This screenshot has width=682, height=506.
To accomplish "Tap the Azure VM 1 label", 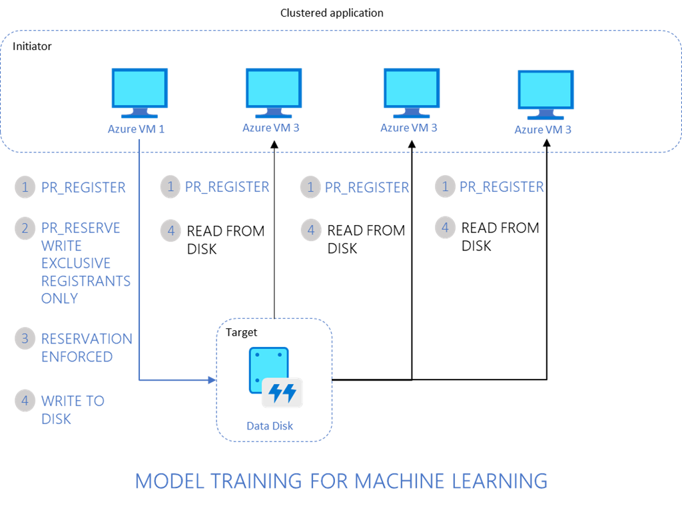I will coord(136,129).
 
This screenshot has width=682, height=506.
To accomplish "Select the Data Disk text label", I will coord(270,426).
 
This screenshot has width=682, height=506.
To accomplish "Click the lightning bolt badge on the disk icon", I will coord(282,393).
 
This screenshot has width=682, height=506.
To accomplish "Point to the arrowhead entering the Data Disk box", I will coord(213,380).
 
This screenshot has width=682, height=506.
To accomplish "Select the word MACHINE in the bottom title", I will coord(400,481).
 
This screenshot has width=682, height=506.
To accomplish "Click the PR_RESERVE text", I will coord(81,228).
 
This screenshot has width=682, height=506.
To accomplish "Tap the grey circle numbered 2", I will coord(25,228).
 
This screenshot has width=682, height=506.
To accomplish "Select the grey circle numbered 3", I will coord(25,338).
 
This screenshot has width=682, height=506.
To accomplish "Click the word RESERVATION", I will coord(87,339).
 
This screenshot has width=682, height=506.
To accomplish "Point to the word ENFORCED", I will coord(77,357).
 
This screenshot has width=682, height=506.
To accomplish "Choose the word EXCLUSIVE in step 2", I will coord(76,264).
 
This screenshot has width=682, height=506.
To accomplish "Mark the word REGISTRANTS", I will coord(86,281).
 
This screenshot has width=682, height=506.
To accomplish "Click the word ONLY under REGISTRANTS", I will coord(59,298).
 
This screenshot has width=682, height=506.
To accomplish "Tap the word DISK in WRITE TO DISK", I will coord(56,419).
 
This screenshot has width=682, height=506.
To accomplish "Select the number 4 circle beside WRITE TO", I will coord(25,401).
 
